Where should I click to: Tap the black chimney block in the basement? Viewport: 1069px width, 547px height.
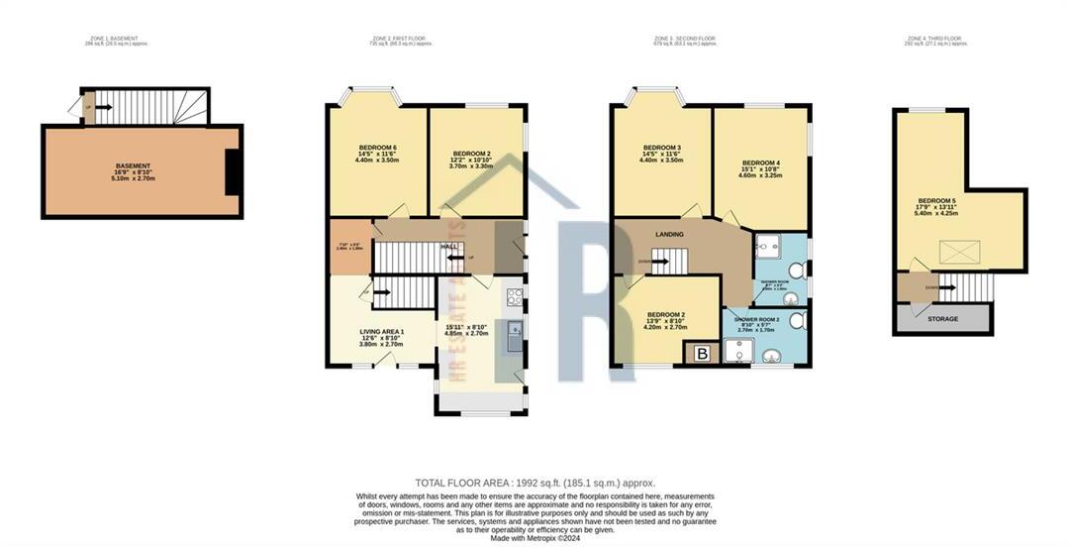click(233, 172)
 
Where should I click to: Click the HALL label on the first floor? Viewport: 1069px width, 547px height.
click(448, 247)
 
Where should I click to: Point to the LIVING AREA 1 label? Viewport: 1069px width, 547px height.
click(382, 331)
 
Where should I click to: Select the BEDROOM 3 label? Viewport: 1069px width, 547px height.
click(661, 148)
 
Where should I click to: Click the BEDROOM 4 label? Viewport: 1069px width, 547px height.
click(761, 163)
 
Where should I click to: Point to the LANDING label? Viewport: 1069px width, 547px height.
click(670, 234)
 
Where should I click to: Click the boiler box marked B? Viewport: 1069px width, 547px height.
click(703, 354)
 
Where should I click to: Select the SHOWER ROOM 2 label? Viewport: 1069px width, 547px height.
click(756, 319)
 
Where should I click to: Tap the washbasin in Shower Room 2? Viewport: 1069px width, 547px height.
click(798, 320)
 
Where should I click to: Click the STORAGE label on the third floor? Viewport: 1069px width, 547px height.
click(941, 318)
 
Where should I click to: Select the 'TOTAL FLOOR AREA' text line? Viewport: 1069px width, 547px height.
click(534, 483)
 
